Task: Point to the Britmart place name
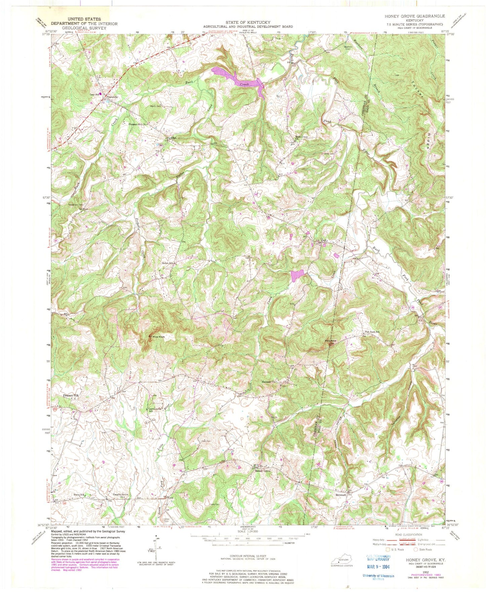(341, 495)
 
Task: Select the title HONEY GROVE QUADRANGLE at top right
(417, 16)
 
